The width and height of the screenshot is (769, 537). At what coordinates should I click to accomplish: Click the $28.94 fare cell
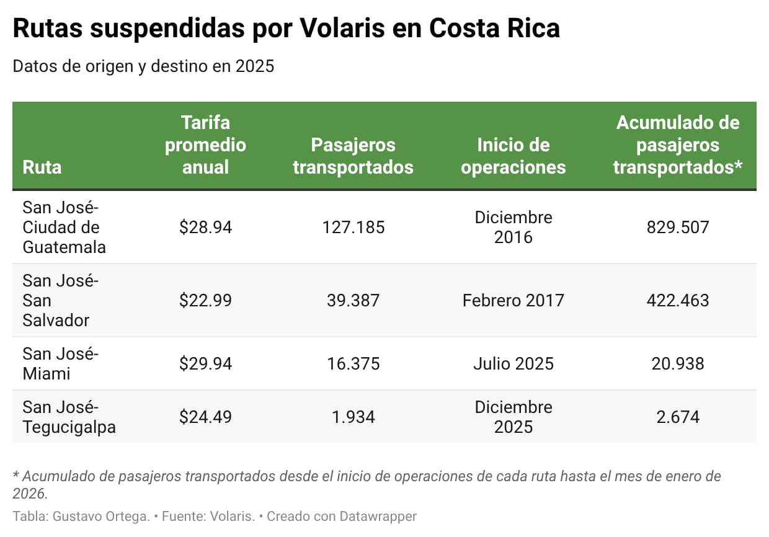click(x=205, y=227)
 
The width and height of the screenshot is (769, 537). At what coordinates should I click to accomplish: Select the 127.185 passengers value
click(x=353, y=227)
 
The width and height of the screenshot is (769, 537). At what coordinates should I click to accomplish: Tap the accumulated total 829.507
click(x=677, y=227)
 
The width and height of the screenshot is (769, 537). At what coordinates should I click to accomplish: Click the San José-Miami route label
click(x=60, y=363)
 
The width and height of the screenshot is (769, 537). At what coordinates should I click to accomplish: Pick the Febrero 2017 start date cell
click(x=513, y=301)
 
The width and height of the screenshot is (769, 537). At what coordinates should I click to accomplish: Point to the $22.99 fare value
click(x=205, y=301)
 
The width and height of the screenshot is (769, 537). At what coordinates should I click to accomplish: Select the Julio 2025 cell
click(x=513, y=363)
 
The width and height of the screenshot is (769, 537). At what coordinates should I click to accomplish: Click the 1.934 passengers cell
click(x=353, y=417)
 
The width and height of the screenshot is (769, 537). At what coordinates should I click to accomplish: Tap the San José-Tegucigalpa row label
click(x=69, y=417)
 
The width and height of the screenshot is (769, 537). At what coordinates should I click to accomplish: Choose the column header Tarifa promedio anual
click(x=205, y=144)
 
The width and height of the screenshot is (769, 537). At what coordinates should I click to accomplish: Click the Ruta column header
click(x=42, y=167)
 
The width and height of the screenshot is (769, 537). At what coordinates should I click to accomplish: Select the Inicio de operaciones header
click(x=513, y=156)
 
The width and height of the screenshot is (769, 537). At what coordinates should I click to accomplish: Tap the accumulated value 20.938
click(x=677, y=363)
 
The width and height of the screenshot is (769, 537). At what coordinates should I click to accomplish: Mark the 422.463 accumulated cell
click(x=677, y=301)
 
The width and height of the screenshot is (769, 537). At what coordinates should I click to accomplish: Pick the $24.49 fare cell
click(x=205, y=417)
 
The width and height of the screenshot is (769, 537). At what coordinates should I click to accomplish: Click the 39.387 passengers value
click(x=353, y=301)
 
